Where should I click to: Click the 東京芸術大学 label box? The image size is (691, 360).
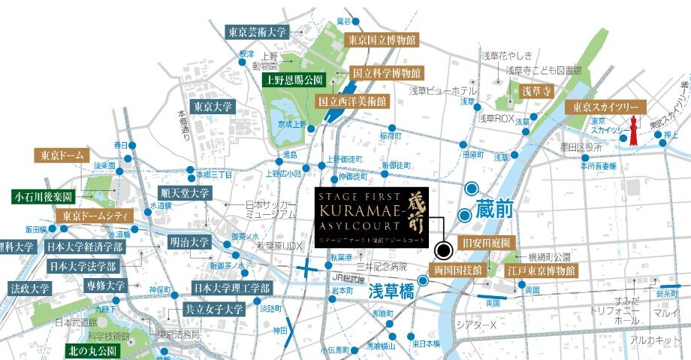click(256, 32)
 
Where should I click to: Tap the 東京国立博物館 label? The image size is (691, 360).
click(382, 39)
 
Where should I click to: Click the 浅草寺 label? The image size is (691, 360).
click(537, 91)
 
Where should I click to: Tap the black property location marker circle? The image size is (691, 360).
click(442, 248)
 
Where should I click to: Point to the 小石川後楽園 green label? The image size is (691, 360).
click(42, 197)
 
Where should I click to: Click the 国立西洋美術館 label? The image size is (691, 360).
click(352, 99)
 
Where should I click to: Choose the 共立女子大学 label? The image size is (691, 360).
click(213, 309)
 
